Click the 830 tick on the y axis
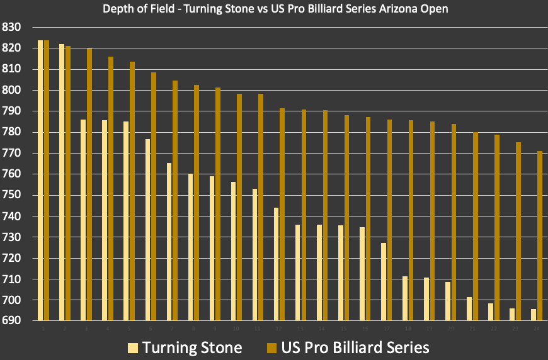click(12, 27)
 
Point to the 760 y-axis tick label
click(12, 174)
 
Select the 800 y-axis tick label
click(12, 90)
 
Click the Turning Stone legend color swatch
click(132, 347)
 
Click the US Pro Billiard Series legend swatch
click(272, 347)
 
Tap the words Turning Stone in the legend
click(192, 347)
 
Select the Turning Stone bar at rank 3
click(83, 220)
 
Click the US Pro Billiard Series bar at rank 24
click(539, 236)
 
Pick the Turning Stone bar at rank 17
click(384, 282)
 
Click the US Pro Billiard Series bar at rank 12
click(282, 215)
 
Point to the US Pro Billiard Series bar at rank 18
click(411, 220)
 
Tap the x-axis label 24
click(536, 329)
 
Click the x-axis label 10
click(236, 329)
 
